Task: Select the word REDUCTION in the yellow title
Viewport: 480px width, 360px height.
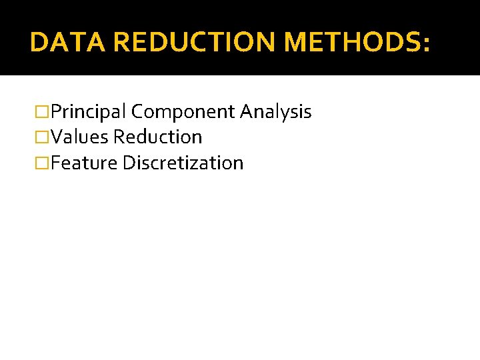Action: [195, 42]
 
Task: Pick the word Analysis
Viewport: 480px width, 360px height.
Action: [275, 112]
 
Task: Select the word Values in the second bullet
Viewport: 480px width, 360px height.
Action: [79, 137]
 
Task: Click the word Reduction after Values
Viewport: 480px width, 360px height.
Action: [157, 137]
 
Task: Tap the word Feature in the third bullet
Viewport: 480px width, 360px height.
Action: [83, 163]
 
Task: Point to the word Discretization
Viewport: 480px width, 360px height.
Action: [183, 163]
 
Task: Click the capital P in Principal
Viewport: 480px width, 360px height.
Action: [55, 112]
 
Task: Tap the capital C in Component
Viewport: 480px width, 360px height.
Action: [136, 112]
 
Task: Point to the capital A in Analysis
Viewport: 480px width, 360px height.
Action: [245, 112]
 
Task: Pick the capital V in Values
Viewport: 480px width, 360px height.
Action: [56, 137]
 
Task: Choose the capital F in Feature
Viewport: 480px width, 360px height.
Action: [55, 163]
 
